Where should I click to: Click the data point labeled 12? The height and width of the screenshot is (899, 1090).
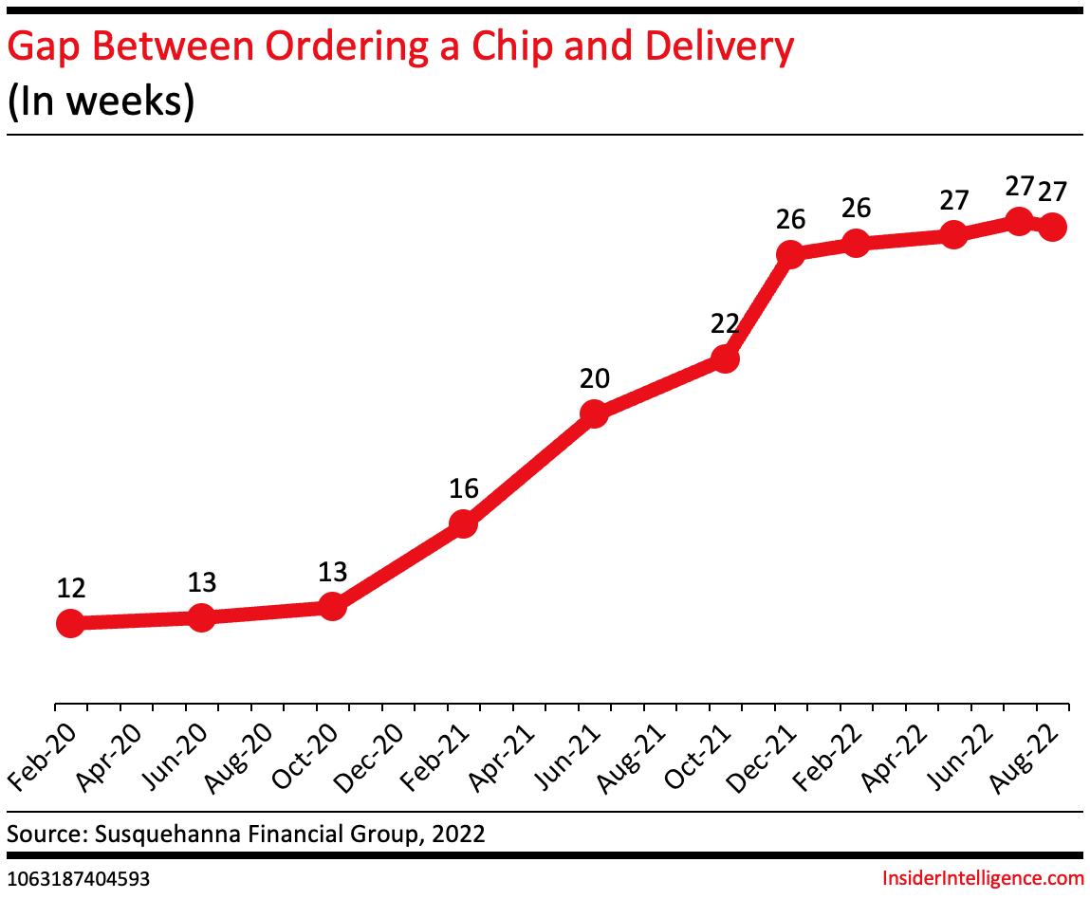pyautogui.click(x=69, y=623)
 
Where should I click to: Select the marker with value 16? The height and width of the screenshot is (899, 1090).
pyautogui.click(x=462, y=524)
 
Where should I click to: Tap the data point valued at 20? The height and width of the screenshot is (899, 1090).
pyautogui.click(x=593, y=414)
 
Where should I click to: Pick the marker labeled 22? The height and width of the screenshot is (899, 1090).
pyautogui.click(x=725, y=359)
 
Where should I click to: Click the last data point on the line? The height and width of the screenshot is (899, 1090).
pyautogui.click(x=1052, y=227)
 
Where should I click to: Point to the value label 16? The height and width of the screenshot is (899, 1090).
pyautogui.click(x=463, y=489)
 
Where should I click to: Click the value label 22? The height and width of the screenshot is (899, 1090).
pyautogui.click(x=725, y=324)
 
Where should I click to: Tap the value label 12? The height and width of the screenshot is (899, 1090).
pyautogui.click(x=71, y=588)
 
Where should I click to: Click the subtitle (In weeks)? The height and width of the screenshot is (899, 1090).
pyautogui.click(x=101, y=101)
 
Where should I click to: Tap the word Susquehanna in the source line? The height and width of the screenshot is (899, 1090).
pyautogui.click(x=174, y=835)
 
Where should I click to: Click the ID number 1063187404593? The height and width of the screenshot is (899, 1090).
pyautogui.click(x=78, y=879)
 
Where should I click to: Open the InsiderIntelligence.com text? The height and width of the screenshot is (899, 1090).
pyautogui.click(x=983, y=879)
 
